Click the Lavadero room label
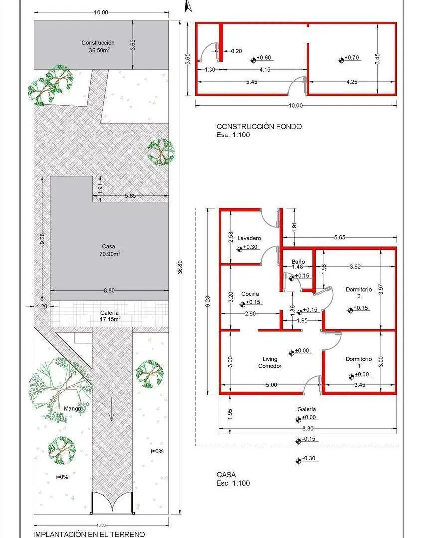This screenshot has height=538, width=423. click(249, 238)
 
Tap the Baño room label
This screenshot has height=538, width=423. click(298, 262)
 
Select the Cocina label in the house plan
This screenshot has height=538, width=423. click(250, 294)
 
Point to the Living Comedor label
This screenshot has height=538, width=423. click(270, 362)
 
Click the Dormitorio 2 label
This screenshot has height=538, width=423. click(359, 293)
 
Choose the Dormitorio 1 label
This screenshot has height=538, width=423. click(359, 362)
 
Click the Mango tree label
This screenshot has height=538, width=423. click(72, 409)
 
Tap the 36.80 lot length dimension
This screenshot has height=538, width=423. click(180, 267)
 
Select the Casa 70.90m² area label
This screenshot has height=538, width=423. click(109, 250)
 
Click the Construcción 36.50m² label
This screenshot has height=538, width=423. click(98, 46)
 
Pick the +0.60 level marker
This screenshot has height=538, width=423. click(261, 59)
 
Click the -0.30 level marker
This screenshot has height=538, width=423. click(305, 459)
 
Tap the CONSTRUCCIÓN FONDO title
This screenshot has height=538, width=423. click(259, 126)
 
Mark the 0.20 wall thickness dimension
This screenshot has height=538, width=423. click(236, 51)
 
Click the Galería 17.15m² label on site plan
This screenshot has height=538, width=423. click(110, 316)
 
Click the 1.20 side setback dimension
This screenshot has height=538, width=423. click(42, 306)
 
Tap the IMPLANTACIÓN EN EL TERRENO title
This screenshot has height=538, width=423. click(89, 534)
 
